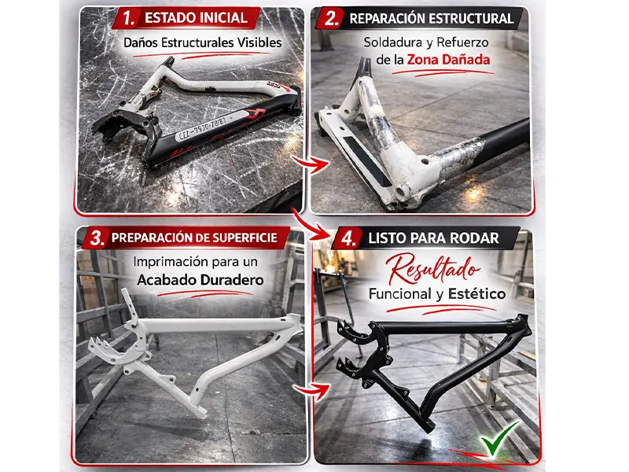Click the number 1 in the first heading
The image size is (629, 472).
point(128,18)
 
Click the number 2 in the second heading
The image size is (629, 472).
point(331,18)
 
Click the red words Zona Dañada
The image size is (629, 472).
point(448,60)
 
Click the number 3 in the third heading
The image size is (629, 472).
point(97,238)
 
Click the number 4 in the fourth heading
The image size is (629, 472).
point(348,238)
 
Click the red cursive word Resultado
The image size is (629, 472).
point(432,270)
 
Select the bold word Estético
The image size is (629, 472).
point(476,293)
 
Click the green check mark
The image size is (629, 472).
point(498,440)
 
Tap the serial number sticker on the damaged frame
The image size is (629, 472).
point(203,127)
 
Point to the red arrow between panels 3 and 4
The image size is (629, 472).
point(312,390)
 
